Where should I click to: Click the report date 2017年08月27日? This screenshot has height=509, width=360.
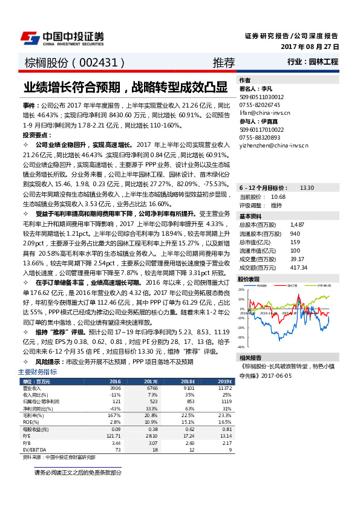pos(310,47)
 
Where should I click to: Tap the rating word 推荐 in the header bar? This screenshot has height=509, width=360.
pos(223,62)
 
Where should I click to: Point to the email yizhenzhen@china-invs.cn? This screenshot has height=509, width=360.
pos(273,145)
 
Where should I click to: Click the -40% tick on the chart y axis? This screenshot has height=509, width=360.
pos(241,347)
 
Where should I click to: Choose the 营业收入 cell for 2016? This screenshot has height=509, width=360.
pos(114,389)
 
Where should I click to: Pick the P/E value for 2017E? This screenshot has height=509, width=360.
pos(152,435)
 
